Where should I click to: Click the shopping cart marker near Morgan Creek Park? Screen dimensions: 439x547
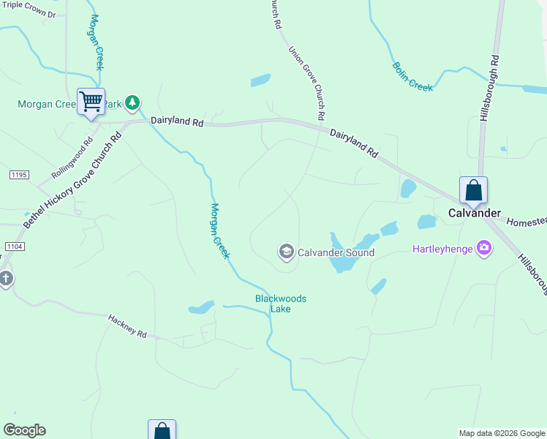tap(91, 101)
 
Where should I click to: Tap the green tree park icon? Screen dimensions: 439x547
tap(132, 102)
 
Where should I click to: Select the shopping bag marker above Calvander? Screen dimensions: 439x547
tap(473, 190)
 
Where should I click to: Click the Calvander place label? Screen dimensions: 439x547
tap(475, 213)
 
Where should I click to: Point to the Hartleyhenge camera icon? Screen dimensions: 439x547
tap(483, 249)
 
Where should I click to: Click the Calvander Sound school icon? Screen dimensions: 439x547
tap(286, 252)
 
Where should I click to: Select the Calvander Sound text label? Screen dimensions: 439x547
tap(336, 253)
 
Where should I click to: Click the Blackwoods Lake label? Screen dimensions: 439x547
tap(280, 304)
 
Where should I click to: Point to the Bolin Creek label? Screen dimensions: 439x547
tap(412, 76)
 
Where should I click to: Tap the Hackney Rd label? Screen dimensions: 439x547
tap(127, 326)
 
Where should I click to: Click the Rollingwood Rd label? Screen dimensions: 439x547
tap(72, 159)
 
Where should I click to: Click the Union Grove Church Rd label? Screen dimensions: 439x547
tap(306, 84)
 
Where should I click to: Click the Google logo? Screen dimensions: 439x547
tap(24, 430)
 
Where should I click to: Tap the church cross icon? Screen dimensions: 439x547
tap(5, 278)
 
